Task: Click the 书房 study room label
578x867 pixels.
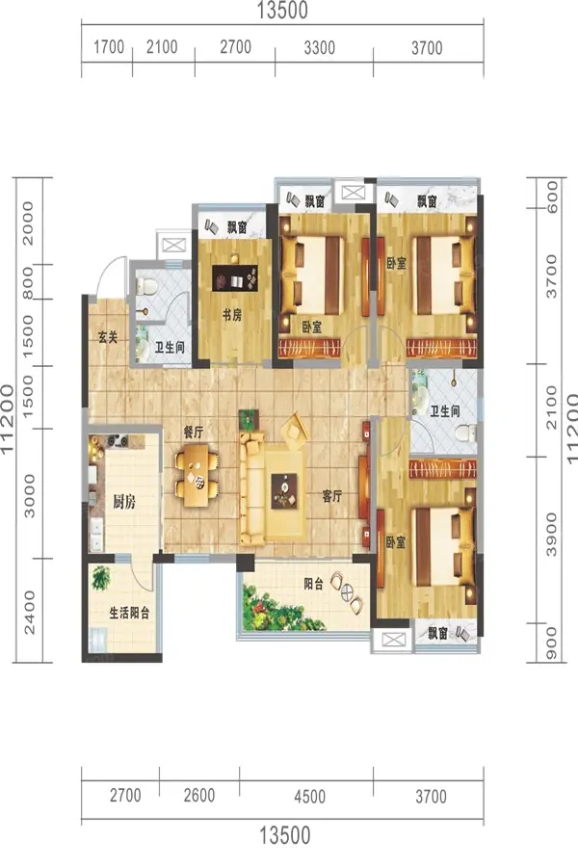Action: click(x=232, y=315)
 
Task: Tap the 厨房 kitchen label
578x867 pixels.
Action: click(x=124, y=502)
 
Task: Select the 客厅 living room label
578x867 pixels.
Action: click(x=331, y=496)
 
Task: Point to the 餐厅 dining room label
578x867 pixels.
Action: click(x=194, y=433)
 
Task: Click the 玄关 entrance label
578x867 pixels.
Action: click(x=109, y=337)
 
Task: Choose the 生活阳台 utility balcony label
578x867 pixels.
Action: click(x=129, y=613)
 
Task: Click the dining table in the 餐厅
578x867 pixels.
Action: click(x=197, y=476)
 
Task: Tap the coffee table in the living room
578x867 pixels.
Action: click(x=284, y=491)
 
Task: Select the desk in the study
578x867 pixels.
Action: click(x=235, y=277)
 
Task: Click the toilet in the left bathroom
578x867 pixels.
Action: click(x=147, y=286)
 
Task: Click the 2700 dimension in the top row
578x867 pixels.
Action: click(x=236, y=47)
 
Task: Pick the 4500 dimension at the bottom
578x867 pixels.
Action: click(x=310, y=797)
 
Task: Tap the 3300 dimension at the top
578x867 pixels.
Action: click(x=320, y=48)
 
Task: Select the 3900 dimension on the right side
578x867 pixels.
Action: click(x=551, y=534)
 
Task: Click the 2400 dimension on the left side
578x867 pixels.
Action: click(x=29, y=613)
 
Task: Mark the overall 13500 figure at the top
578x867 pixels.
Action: click(x=282, y=10)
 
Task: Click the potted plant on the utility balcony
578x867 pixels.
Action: click(x=100, y=578)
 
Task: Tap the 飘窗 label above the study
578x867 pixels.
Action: click(x=237, y=227)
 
